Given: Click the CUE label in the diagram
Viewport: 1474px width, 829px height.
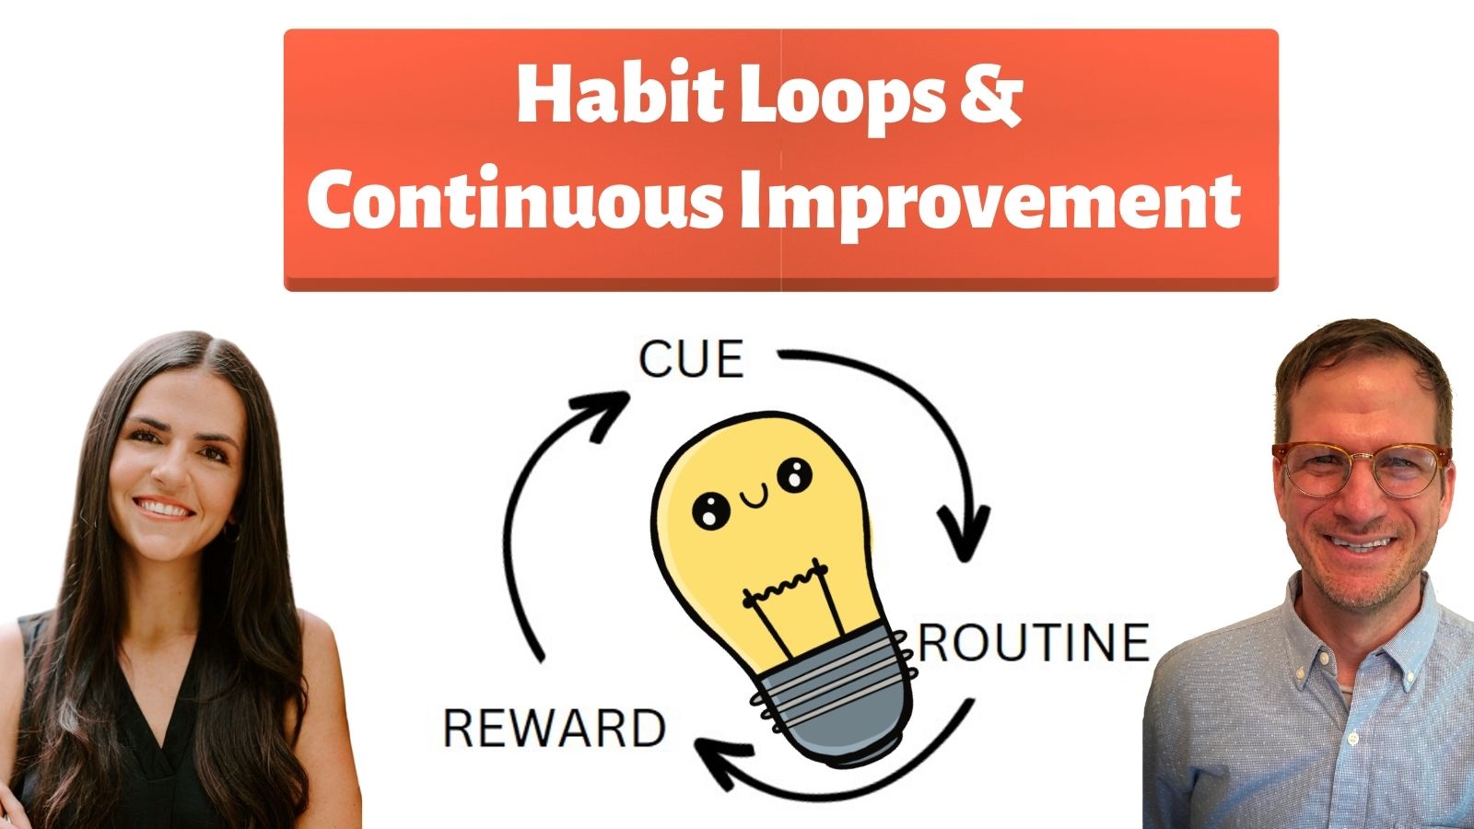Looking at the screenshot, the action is [x=691, y=359].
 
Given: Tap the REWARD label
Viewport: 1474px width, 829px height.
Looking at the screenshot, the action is [x=555, y=729].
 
